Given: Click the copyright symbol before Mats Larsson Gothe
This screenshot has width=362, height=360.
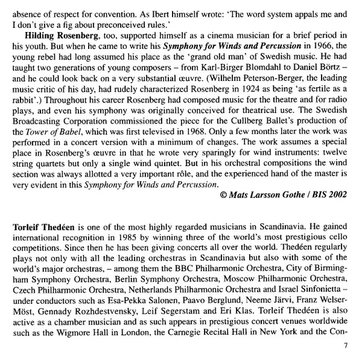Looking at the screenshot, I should pos(225,194).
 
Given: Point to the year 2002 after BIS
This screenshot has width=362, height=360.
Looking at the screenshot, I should pos(338,194).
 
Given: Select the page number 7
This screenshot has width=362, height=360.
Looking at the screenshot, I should pos(346,346).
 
